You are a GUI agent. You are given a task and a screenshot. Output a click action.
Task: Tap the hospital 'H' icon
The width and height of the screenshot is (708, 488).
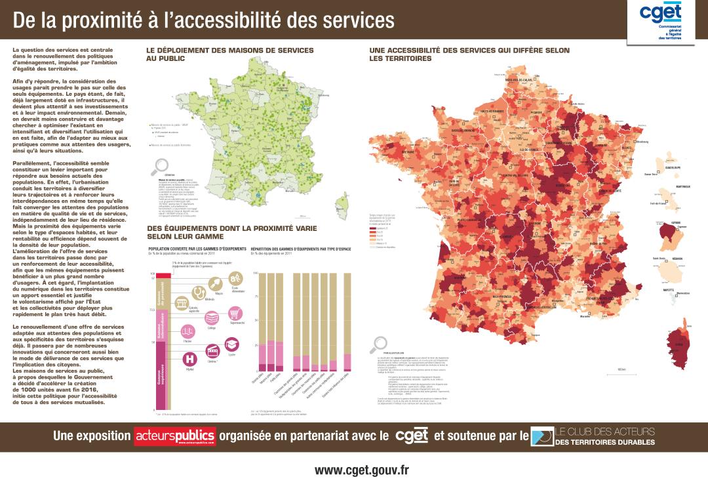click(x=190, y=359)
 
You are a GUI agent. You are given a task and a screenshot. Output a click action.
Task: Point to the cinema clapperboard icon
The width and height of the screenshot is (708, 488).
click(x=212, y=352)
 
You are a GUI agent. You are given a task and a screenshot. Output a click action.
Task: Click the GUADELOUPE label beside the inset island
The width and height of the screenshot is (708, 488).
click(x=673, y=167)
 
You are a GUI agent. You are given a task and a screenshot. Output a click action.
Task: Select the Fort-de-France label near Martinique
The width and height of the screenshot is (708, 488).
click(x=658, y=204)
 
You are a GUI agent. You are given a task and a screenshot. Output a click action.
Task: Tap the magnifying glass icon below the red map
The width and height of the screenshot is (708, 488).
click(x=378, y=343)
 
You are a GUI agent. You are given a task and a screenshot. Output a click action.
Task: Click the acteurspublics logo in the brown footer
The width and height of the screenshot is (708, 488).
click(x=174, y=435)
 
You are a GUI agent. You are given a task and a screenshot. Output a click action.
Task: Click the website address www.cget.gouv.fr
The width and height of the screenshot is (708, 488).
click(x=361, y=470)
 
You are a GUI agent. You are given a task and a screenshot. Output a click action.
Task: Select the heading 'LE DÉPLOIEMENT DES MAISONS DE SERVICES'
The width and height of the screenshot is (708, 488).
click(x=229, y=51)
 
